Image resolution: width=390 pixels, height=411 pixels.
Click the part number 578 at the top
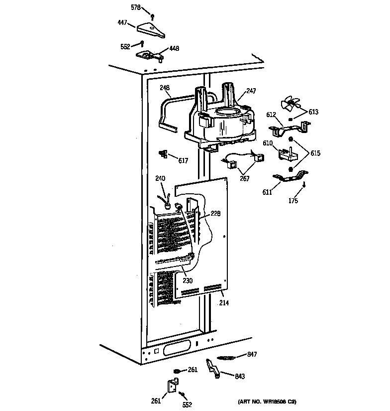135,8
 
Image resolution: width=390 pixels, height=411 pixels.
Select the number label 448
174,49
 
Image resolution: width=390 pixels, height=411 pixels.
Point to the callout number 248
165,88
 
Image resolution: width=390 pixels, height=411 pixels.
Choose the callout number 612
271,115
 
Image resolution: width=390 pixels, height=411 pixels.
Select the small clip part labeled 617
163,154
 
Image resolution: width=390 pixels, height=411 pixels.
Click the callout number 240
160,178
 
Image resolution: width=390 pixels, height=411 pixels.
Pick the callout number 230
187,280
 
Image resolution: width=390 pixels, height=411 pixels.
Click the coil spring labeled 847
226,357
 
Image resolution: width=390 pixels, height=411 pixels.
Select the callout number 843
240,377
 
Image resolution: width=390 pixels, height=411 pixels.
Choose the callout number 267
244,178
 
